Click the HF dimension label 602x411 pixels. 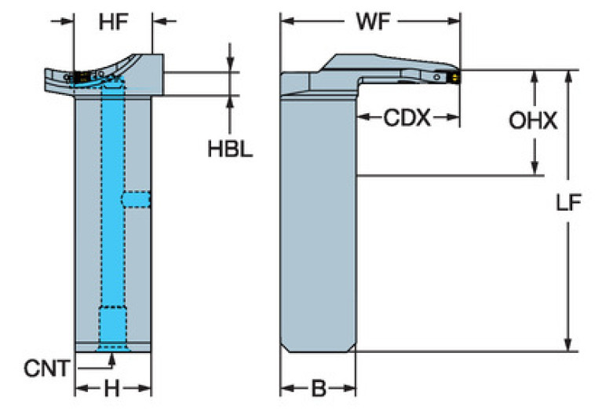(113, 24)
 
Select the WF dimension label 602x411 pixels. (371, 24)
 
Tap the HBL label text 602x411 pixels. (230, 149)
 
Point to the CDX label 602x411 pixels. (407, 119)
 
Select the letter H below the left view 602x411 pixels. (112, 389)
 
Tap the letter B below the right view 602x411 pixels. (318, 389)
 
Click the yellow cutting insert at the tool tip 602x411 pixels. (454, 77)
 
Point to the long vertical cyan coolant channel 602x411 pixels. (113, 196)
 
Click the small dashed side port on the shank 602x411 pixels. (137, 200)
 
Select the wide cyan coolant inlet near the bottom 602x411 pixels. (111, 326)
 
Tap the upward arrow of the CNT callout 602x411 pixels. (111, 358)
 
